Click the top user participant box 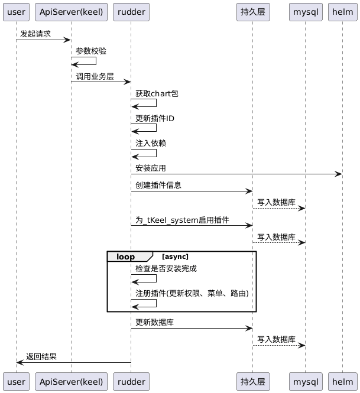[16, 12]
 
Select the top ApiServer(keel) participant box [71, 12]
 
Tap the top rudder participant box [131, 12]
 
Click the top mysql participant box [305, 12]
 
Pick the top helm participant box [342, 12]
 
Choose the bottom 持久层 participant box [252, 382]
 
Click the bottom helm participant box [342, 382]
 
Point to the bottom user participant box [16, 382]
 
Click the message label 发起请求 [35, 34]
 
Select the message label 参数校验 [91, 51]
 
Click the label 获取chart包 [157, 93]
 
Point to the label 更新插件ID [155, 119]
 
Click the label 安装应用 [151, 168]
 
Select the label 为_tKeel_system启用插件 [182, 220]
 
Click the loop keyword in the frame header [126, 256]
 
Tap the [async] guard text [175, 256]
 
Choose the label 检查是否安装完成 [166, 268]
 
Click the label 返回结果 [41, 356]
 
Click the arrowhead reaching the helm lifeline [339, 174]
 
